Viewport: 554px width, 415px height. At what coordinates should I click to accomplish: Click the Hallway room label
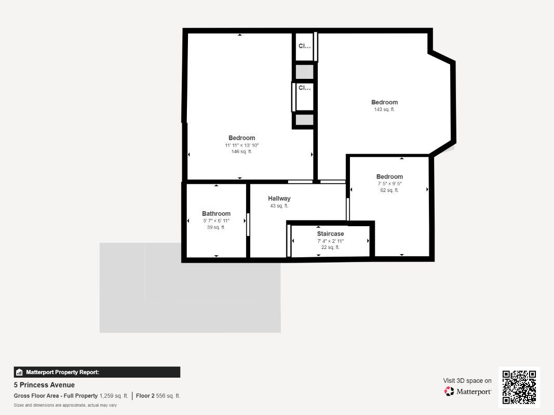(279, 199)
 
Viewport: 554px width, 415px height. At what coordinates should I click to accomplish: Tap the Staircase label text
(330, 234)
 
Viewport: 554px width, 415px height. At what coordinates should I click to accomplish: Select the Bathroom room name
(216, 214)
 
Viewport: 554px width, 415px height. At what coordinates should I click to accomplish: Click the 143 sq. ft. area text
(384, 109)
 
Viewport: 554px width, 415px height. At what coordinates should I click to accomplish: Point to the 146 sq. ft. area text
(241, 151)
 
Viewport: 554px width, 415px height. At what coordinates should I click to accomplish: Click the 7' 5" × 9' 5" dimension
(389, 184)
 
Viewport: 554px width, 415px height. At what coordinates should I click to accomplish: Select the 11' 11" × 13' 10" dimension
(241, 145)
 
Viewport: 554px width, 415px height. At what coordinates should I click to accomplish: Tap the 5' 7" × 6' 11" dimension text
(216, 221)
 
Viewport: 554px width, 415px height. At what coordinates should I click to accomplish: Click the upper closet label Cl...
(304, 46)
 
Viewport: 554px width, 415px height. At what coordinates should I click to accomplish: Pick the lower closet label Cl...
(304, 88)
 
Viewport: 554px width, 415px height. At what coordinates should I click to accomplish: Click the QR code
(519, 387)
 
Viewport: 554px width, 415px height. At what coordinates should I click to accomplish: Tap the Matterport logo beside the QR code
(468, 392)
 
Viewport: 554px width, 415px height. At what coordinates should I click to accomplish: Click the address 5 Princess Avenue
(44, 385)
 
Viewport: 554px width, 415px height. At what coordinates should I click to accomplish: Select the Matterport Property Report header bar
(97, 372)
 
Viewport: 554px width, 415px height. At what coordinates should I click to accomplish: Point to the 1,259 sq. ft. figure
(114, 396)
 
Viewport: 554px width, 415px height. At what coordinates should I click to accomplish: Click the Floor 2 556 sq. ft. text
(158, 396)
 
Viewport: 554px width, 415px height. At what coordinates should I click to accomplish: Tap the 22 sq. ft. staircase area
(330, 247)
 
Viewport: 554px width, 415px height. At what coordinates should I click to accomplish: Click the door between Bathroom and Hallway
(248, 225)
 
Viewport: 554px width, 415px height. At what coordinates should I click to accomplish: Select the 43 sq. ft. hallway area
(279, 206)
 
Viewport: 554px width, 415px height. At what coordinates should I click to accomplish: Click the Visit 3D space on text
(467, 381)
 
